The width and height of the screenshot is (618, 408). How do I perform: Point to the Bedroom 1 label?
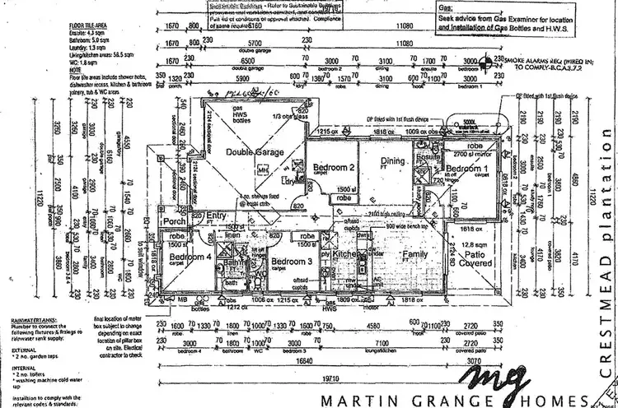pyautogui.click(x=468, y=168)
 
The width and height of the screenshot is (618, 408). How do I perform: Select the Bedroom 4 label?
pyautogui.click(x=186, y=257)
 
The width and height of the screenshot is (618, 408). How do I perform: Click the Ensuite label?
pyautogui.click(x=427, y=158)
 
